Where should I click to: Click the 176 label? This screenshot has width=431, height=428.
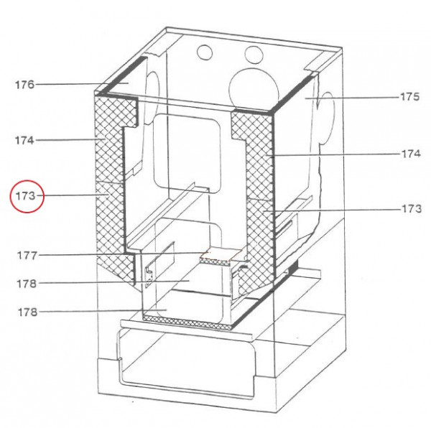click(x=24, y=85)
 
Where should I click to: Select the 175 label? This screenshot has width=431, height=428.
click(x=410, y=97)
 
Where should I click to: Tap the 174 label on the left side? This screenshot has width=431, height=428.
click(x=24, y=141)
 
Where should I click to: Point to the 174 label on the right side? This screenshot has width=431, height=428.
click(x=411, y=154)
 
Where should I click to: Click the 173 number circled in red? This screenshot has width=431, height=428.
click(x=27, y=196)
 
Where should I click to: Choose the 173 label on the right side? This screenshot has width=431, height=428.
click(x=411, y=209)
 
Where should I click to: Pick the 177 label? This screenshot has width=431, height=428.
click(x=27, y=255)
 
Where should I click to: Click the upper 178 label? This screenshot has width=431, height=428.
click(x=27, y=284)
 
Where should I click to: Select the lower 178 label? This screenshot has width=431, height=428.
click(x=27, y=312)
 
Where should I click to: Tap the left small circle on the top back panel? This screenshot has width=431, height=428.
click(x=205, y=52)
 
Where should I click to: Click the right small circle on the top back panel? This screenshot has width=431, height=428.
click(x=253, y=54)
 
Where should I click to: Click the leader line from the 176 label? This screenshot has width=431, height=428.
click(x=79, y=85)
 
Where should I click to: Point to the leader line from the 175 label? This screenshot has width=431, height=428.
click(x=352, y=97)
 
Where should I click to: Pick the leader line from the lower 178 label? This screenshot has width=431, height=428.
click(x=93, y=312)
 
